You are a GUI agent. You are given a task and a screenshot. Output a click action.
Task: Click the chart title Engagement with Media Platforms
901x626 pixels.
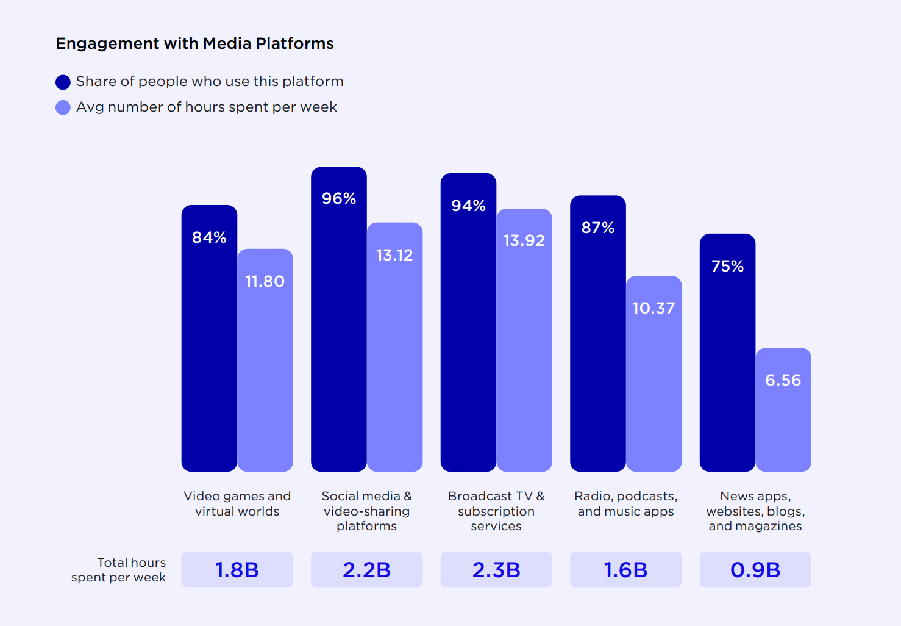pyautogui.click(x=194, y=43)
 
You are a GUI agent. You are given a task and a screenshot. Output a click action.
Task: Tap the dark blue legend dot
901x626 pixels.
pyautogui.click(x=63, y=82)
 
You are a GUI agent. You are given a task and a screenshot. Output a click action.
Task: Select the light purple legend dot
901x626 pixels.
pyautogui.click(x=63, y=107)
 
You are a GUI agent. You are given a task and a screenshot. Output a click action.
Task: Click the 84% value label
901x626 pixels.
pyautogui.click(x=209, y=237)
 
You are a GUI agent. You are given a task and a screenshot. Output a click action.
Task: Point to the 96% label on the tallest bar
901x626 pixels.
pyautogui.click(x=339, y=198)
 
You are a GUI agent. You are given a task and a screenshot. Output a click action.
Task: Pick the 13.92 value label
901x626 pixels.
pyautogui.click(x=524, y=240)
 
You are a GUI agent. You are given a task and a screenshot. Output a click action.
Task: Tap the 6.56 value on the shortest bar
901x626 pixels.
pyautogui.click(x=783, y=380)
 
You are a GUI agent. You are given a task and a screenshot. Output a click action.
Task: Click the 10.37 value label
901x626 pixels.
pyautogui.click(x=653, y=308)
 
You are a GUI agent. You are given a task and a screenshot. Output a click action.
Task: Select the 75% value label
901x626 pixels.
pyautogui.click(x=727, y=266)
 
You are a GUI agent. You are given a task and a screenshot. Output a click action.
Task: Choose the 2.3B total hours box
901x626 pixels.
pyautogui.click(x=496, y=570)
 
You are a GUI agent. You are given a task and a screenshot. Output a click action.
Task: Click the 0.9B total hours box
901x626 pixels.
pyautogui.click(x=755, y=570)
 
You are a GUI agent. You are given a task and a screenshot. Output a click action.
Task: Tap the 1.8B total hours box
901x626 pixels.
pyautogui.click(x=237, y=570)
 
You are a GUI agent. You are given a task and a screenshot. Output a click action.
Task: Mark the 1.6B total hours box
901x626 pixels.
pyautogui.click(x=625, y=570)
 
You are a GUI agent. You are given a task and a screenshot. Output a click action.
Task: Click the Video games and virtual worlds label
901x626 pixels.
pyautogui.click(x=237, y=503)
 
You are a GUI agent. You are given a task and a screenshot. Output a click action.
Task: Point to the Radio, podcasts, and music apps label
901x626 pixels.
pyautogui.click(x=625, y=503)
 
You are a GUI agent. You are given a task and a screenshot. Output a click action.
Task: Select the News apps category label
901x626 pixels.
pyautogui.click(x=755, y=511)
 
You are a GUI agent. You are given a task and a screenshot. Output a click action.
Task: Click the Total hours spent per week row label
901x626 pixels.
pyautogui.click(x=119, y=570)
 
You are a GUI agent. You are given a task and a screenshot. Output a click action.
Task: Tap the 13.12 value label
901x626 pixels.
pyautogui.click(x=394, y=255)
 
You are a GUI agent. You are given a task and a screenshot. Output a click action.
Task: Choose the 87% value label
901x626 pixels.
pyautogui.click(x=597, y=228)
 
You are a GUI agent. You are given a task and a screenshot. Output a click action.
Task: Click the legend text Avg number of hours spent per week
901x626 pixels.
pyautogui.click(x=206, y=107)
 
